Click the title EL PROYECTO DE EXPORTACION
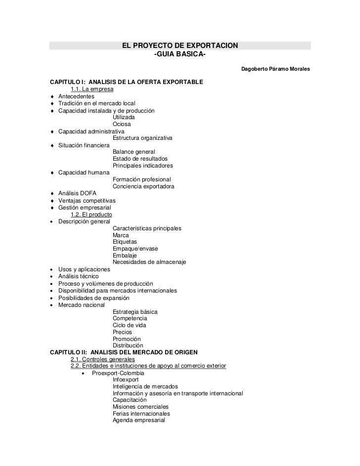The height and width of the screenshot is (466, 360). pyautogui.click(x=180, y=46)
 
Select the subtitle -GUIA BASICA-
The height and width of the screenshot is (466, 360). pyautogui.click(x=180, y=53)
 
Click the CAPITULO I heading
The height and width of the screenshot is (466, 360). pyautogui.click(x=126, y=82)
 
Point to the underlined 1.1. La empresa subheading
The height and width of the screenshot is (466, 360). pyautogui.click(x=92, y=89)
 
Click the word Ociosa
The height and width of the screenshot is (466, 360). pyautogui.click(x=123, y=124)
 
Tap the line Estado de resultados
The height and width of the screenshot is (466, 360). pyautogui.click(x=140, y=159)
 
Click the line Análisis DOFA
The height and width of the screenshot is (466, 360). pyautogui.click(x=78, y=193)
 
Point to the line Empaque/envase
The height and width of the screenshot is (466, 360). pyautogui.click(x=135, y=249)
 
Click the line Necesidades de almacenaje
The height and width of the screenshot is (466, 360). pyautogui.click(x=149, y=262)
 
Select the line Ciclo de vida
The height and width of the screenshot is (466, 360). pyautogui.click(x=129, y=325)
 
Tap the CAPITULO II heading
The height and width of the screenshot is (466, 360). pyautogui.click(x=124, y=352)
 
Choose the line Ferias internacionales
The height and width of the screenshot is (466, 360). pyautogui.click(x=141, y=414)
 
